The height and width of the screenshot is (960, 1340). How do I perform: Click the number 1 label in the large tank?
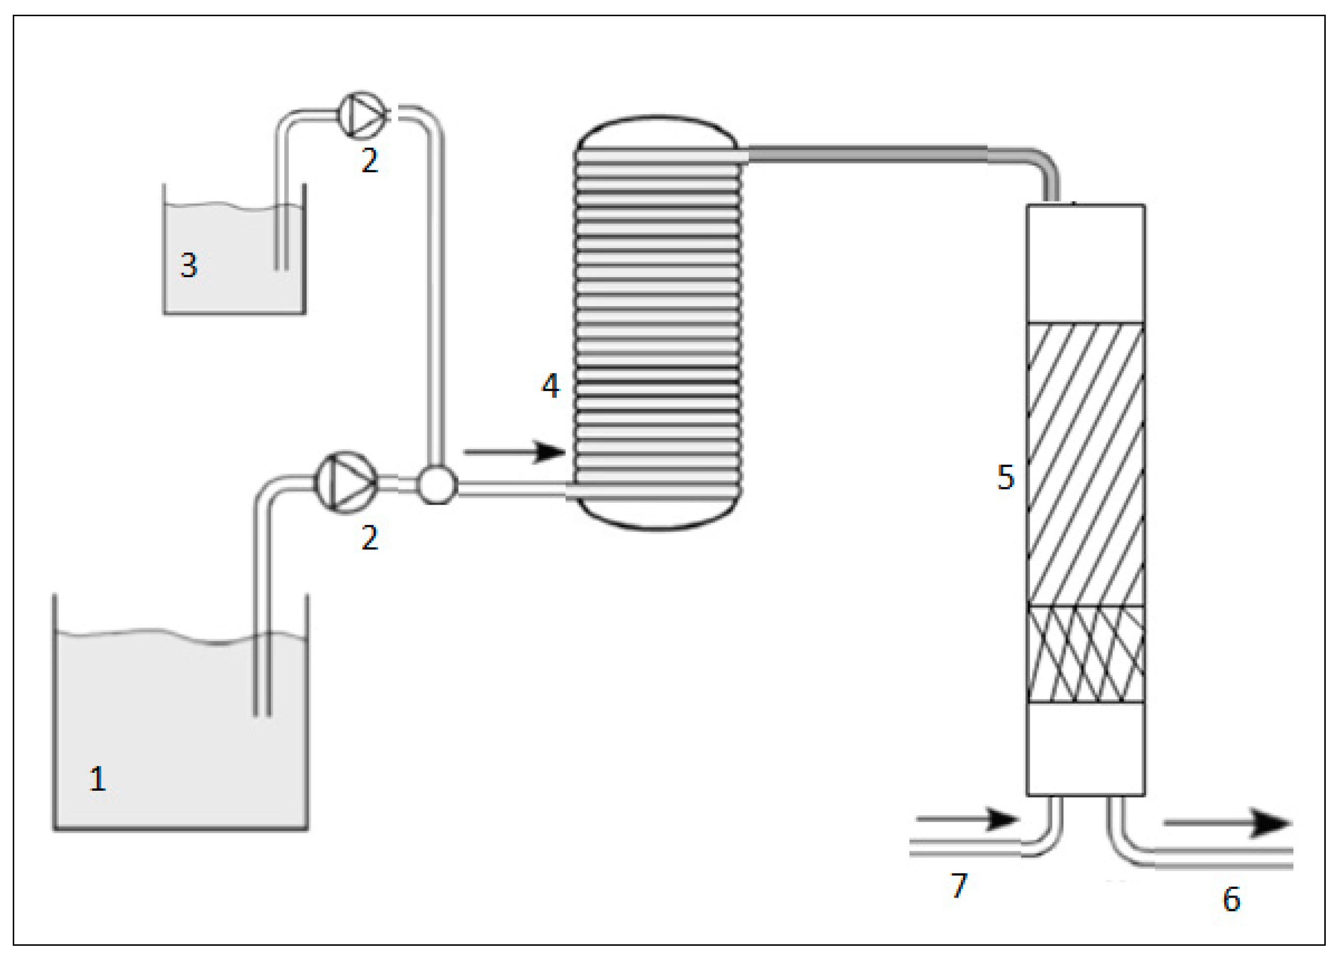[98, 778]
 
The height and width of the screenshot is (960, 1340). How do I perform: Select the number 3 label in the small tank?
[188, 265]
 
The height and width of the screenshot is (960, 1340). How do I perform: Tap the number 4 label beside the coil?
[550, 387]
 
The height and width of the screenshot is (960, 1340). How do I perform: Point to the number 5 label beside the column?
[1005, 477]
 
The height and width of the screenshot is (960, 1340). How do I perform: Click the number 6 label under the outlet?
[1231, 900]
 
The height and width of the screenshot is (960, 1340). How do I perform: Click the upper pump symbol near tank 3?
[362, 115]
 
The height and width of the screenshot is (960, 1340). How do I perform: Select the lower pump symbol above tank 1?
[346, 483]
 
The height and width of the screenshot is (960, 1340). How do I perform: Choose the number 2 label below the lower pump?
[370, 538]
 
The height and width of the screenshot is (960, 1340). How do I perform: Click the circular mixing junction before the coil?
[437, 485]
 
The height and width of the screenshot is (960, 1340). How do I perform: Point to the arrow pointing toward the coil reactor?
[514, 452]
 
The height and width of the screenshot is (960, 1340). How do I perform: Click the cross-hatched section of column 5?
[1086, 654]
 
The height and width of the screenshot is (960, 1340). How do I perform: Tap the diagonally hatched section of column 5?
[1086, 464]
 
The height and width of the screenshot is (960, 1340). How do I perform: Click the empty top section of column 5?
[1086, 263]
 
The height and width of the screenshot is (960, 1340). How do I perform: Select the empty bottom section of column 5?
[1086, 749]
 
